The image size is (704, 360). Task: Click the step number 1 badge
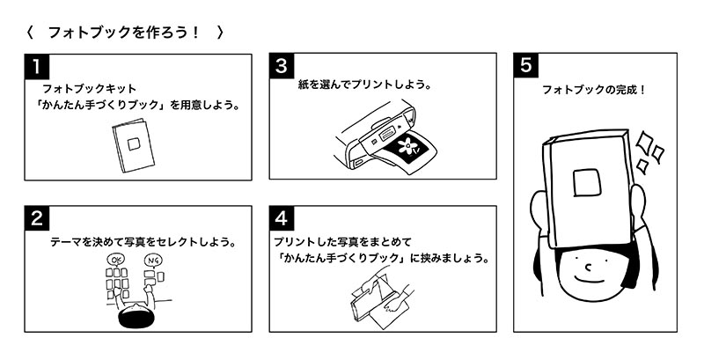[x=36, y=65]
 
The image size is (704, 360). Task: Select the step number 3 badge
[x=281, y=65]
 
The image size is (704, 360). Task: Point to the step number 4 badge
[x=281, y=216]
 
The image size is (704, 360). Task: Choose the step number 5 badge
[x=525, y=65]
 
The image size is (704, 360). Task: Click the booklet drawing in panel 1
[x=133, y=145]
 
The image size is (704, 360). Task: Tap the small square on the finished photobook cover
[x=586, y=181]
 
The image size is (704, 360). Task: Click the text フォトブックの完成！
[x=594, y=90]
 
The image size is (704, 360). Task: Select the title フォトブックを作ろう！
[x=124, y=33]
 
